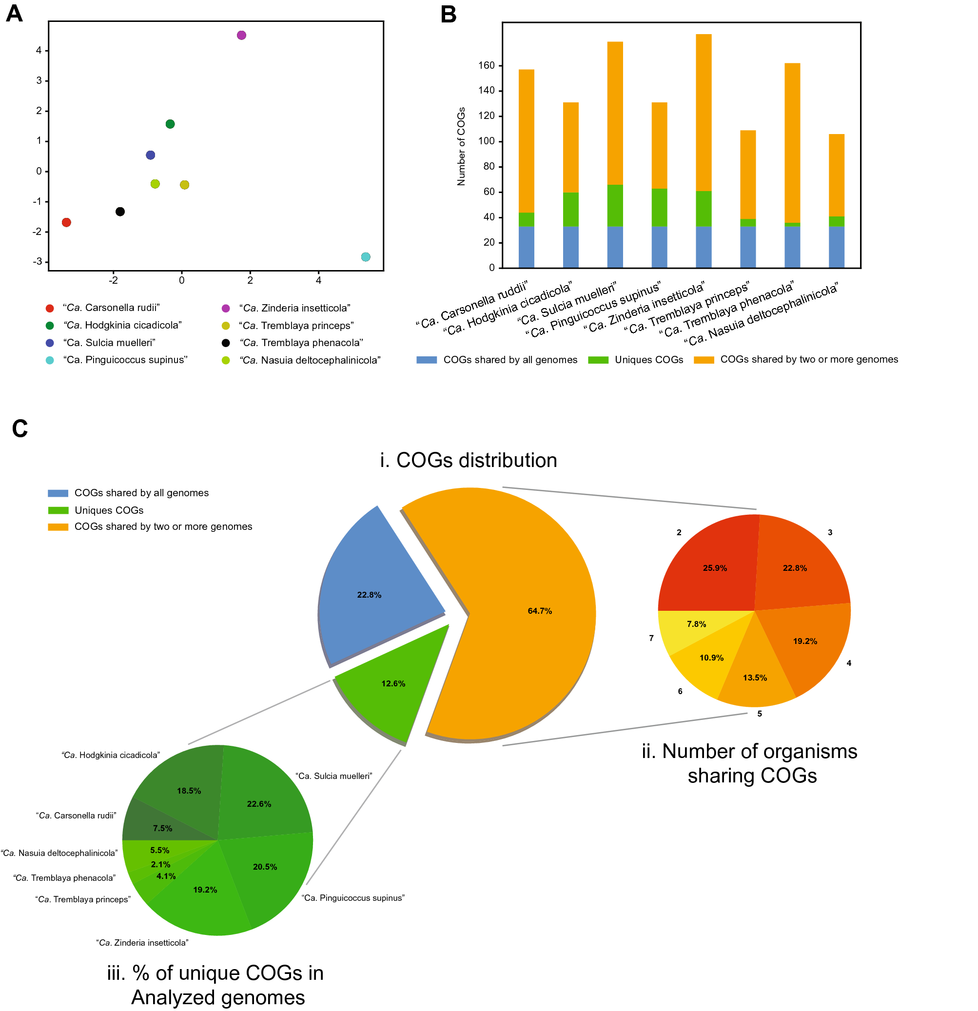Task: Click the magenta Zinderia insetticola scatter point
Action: pos(241,35)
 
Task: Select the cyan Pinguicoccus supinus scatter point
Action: pos(366,257)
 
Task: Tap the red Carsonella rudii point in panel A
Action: pos(66,222)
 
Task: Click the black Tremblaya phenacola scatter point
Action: pos(120,212)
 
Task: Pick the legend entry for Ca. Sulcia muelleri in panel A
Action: pos(109,343)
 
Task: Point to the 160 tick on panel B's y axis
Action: pos(486,65)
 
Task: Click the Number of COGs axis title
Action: pos(461,147)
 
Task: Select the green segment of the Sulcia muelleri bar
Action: pos(615,205)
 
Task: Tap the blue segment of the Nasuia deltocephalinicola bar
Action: pos(836,247)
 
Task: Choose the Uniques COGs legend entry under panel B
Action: pos(648,360)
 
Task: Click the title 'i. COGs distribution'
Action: pos(469,460)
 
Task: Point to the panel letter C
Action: pos(20,428)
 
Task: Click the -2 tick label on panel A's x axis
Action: pos(113,281)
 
